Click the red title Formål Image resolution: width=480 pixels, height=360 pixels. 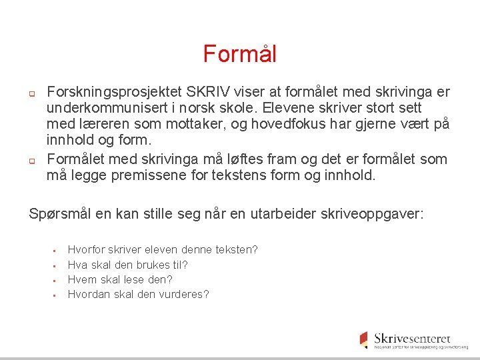tap(239, 54)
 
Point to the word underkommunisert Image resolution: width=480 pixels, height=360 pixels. tap(105, 108)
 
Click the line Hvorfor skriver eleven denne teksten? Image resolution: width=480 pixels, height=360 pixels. tap(163, 249)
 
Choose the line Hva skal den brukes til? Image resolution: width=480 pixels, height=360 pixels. tap(128, 265)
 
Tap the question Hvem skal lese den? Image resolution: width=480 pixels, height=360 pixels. tap(120, 279)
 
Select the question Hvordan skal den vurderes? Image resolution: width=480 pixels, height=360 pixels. tap(138, 294)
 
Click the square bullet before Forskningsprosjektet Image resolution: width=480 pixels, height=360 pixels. tap(31, 93)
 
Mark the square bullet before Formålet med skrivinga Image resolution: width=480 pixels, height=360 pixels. tap(31, 161)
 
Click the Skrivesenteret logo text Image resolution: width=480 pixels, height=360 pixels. tap(412, 339)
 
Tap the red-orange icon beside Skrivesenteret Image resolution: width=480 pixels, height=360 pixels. tap(363, 339)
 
